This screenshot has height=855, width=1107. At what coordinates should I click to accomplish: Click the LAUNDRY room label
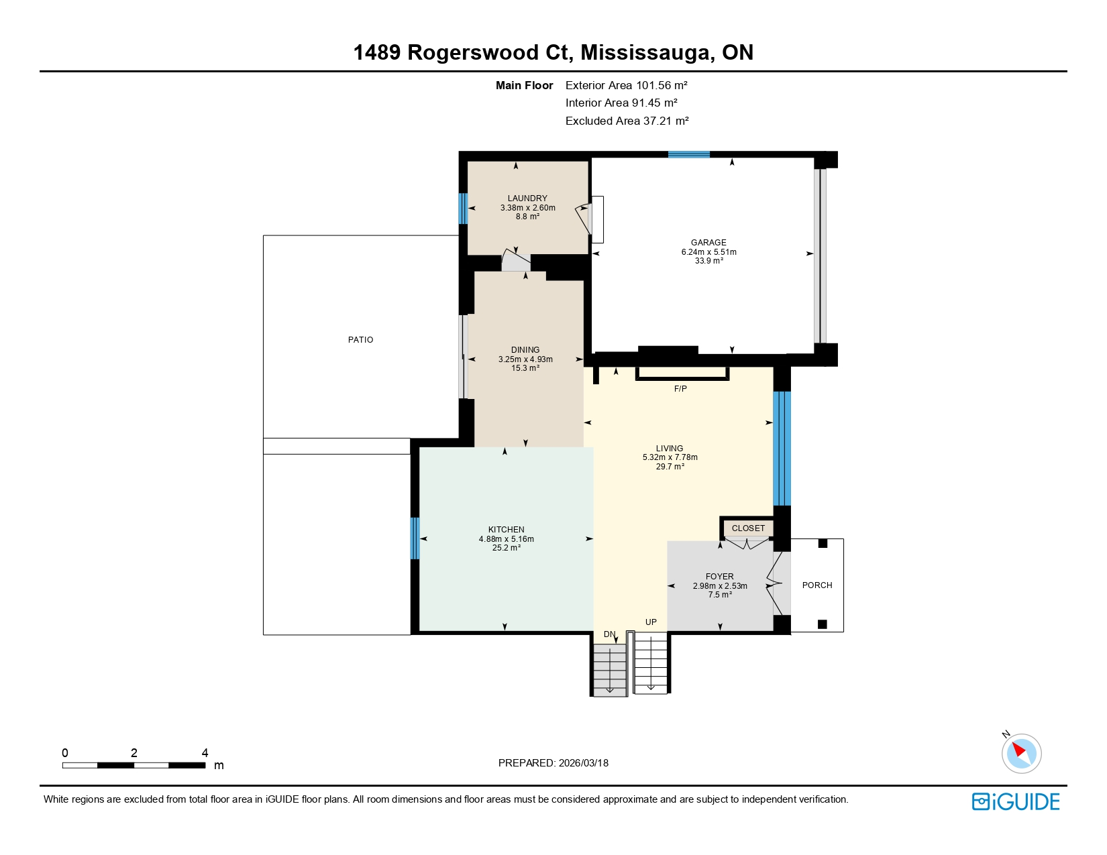[x=527, y=198]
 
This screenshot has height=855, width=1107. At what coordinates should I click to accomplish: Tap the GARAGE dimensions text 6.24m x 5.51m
[x=708, y=252]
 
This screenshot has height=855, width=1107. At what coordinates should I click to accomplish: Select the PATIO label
[x=360, y=340]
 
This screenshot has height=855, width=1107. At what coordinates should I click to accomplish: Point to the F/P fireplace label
[x=680, y=389]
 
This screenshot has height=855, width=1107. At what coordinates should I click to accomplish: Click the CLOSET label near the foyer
[x=748, y=528]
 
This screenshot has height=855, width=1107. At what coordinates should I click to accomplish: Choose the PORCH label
[x=816, y=585]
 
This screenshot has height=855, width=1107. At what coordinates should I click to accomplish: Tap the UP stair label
[x=651, y=622]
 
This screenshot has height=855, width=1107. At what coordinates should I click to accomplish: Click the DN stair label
[x=609, y=634]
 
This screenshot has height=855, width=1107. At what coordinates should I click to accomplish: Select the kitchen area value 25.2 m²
[x=506, y=548]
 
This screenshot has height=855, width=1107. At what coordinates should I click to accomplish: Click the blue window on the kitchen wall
[x=415, y=538]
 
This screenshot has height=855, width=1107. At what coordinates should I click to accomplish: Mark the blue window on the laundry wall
[x=462, y=209]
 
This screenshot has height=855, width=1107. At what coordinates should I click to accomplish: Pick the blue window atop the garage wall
[x=688, y=155]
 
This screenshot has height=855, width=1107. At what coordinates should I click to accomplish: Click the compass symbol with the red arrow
[x=1021, y=752]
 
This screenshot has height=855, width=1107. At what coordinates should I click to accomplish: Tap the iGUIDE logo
[x=1016, y=802]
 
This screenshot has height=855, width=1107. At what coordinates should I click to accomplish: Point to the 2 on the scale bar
[x=134, y=753]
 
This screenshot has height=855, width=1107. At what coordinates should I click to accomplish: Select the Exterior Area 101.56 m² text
[x=626, y=85]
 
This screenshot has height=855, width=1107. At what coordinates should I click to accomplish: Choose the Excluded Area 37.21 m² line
[x=627, y=121]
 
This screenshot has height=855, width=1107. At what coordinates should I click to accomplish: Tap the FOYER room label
[x=719, y=577]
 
